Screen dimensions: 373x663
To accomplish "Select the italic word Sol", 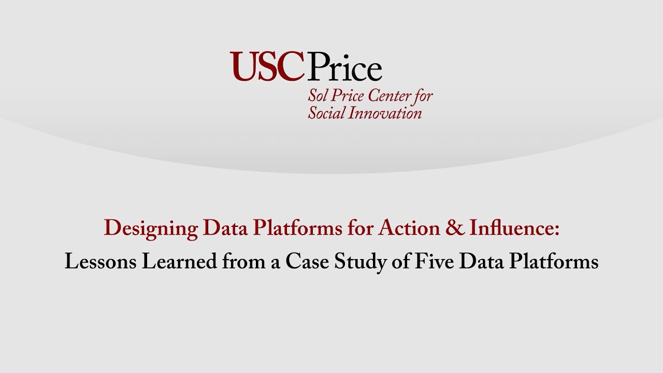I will pos(317,96).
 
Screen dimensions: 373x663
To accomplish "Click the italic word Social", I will pos(325,112).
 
